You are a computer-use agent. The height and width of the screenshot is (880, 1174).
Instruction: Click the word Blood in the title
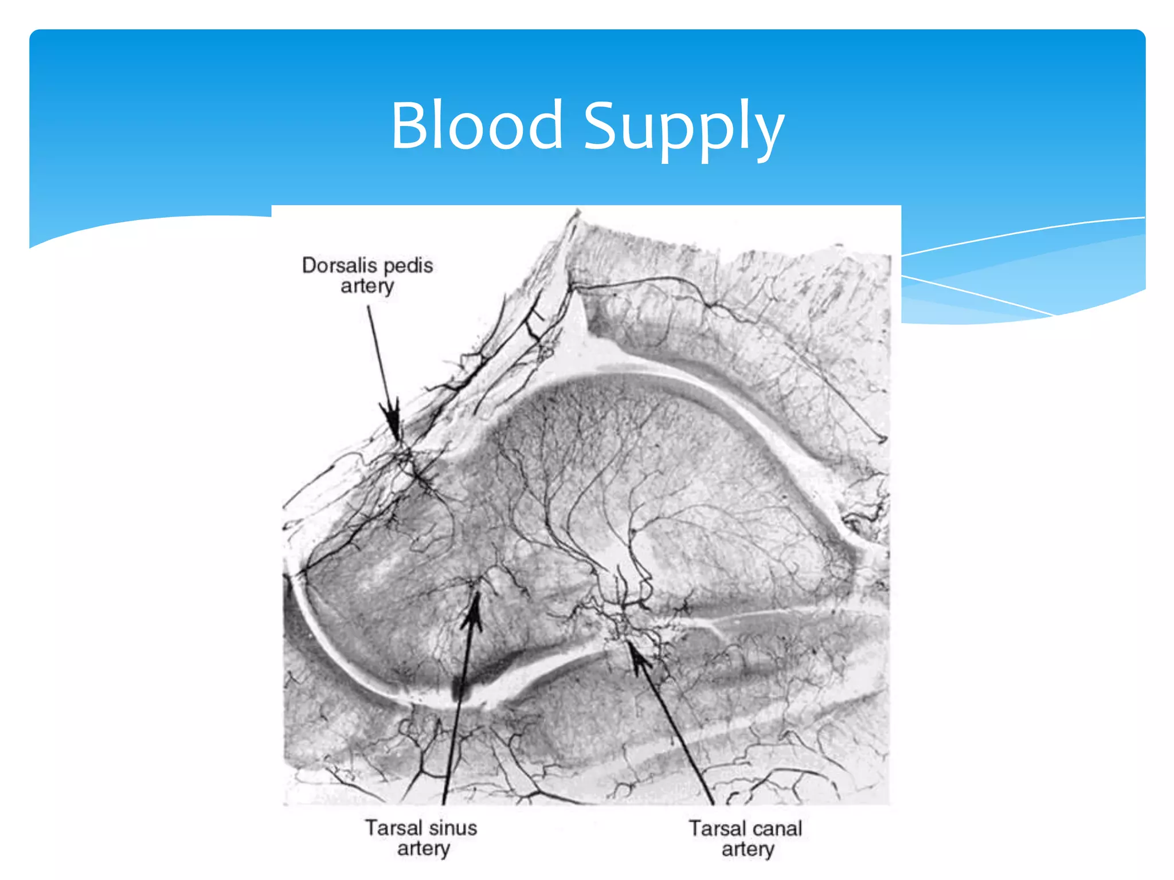[x=477, y=125]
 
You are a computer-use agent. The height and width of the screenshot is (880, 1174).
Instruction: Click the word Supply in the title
[x=683, y=129]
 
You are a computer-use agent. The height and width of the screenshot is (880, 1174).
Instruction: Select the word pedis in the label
[x=408, y=265]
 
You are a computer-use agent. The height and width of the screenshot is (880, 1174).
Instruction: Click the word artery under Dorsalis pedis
[x=367, y=286]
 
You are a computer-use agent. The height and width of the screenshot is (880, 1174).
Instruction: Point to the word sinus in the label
[x=453, y=828]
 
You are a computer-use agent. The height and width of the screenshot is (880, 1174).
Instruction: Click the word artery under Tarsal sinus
[x=423, y=848]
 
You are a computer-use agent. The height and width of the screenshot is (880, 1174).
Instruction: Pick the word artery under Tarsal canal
[x=748, y=849]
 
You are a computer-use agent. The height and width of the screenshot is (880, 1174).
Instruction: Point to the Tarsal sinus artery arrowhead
[x=473, y=610]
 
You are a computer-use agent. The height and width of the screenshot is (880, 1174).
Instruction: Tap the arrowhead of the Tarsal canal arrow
[x=637, y=656]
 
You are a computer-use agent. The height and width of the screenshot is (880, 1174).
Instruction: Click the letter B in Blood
[x=410, y=125]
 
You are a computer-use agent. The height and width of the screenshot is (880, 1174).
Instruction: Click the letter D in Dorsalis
[x=310, y=265]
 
